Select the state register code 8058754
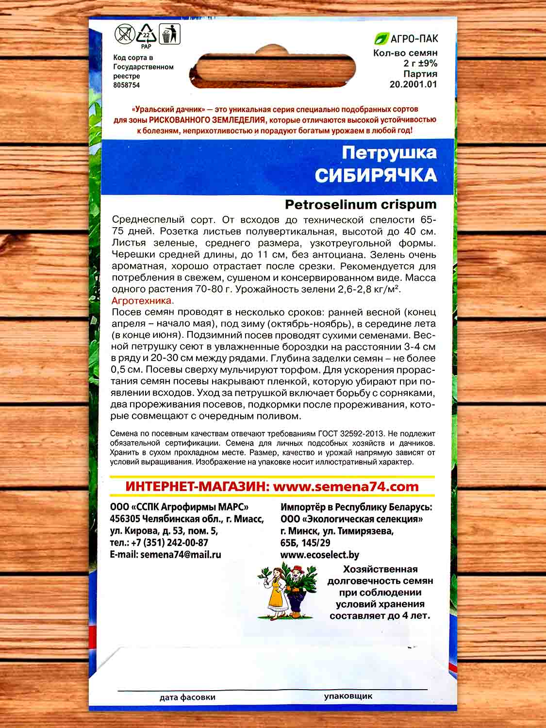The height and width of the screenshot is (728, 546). click(x=126, y=85)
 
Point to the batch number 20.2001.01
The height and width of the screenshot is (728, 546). click(x=414, y=84)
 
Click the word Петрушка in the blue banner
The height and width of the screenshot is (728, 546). click(x=389, y=152)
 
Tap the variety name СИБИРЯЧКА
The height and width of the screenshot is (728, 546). click(x=376, y=175)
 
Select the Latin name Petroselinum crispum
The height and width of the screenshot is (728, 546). click(x=361, y=204)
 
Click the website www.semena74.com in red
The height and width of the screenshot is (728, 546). click(x=346, y=486)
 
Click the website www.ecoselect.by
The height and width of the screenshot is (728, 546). click(x=320, y=555)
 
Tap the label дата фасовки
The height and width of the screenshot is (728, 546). click(x=187, y=697)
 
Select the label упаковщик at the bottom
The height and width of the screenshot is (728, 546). click(x=348, y=696)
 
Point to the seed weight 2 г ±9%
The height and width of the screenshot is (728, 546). click(x=420, y=63)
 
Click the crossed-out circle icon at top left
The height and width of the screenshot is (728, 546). click(x=125, y=35)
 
